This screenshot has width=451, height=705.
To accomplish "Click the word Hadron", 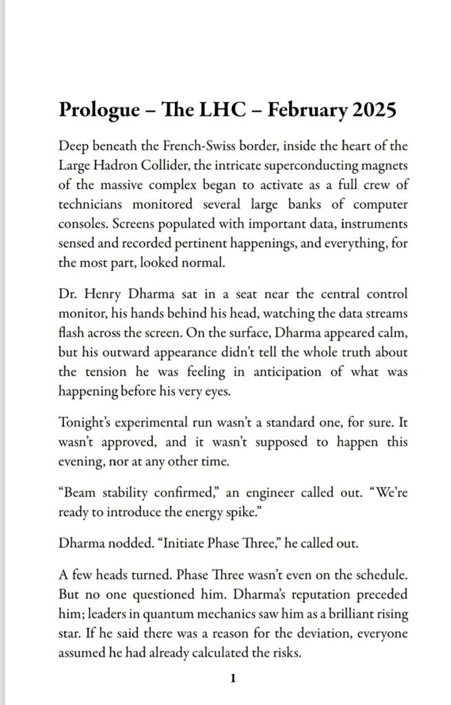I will click(x=116, y=166).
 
